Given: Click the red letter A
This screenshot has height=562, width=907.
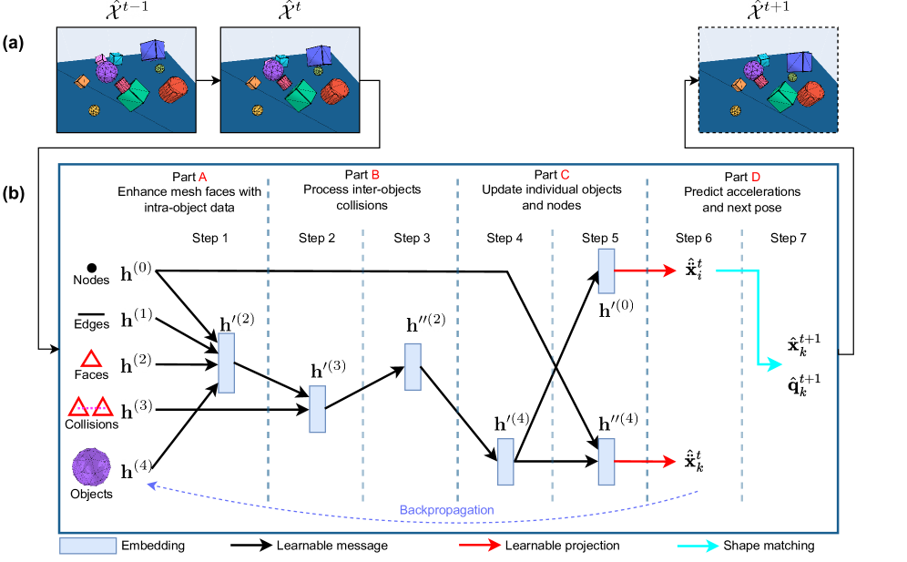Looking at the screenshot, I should pyautogui.click(x=203, y=178).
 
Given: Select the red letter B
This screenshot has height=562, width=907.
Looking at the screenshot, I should pyautogui.click(x=375, y=175).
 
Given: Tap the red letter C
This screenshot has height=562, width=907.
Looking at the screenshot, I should pyautogui.click(x=565, y=175).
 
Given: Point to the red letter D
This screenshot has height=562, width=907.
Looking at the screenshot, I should pyautogui.click(x=756, y=178).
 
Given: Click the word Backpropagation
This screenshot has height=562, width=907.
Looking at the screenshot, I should pyautogui.click(x=446, y=510).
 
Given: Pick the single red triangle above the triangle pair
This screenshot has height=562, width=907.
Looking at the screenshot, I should pyautogui.click(x=91, y=359).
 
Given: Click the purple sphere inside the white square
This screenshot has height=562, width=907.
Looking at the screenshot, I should pyautogui.click(x=91, y=466).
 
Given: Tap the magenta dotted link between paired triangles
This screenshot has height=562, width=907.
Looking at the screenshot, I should pyautogui.click(x=91, y=408).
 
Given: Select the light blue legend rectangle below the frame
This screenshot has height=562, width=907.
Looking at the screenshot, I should pyautogui.click(x=88, y=546).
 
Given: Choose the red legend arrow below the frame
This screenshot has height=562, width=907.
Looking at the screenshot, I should pyautogui.click(x=480, y=545).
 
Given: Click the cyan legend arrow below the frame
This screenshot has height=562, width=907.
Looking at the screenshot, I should pyautogui.click(x=698, y=546).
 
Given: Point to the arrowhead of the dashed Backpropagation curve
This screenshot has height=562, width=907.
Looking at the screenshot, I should pyautogui.click(x=151, y=485).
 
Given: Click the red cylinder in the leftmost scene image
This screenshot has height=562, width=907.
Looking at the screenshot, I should pyautogui.click(x=172, y=90).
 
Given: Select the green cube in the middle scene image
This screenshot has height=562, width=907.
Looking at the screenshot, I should pyautogui.click(x=301, y=95).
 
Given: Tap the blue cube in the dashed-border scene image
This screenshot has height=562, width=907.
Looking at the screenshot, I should pyautogui.click(x=800, y=62).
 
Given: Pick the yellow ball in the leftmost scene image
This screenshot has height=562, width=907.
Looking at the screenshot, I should pyautogui.click(x=94, y=110).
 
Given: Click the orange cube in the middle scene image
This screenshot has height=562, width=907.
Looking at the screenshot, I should pyautogui.click(x=253, y=82).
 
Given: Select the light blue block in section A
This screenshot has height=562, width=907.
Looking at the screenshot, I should pyautogui.click(x=226, y=363).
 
